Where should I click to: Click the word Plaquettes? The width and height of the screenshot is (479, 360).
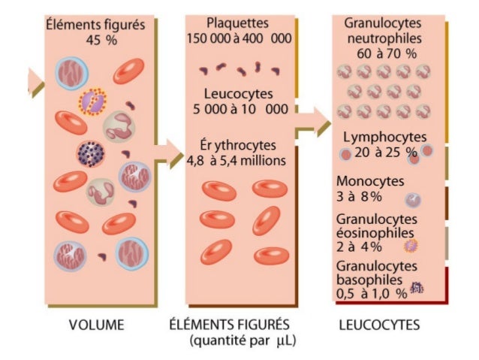point(237,23)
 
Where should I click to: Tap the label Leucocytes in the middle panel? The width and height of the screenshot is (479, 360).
point(238,94)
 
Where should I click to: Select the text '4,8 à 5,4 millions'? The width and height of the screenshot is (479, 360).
point(236,161)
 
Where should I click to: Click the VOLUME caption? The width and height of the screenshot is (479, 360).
point(97,325)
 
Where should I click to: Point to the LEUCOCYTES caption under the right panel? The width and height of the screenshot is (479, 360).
point(379,325)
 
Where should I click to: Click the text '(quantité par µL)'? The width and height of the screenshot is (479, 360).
point(243,340)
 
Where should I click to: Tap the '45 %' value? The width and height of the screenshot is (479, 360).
point(101,40)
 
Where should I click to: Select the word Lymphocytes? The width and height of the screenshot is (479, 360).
point(385,137)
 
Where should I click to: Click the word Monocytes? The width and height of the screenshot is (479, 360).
point(370,181)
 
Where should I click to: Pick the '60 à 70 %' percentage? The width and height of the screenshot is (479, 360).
point(387,54)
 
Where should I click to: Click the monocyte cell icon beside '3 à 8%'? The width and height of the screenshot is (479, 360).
point(413,201)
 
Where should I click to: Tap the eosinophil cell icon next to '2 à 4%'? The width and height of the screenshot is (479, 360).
point(411,246)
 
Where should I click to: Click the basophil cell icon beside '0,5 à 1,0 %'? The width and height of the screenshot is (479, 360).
point(417,288)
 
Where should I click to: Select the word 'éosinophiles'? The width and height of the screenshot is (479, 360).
point(375,233)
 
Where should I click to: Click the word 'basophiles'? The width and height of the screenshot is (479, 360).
point(369,280)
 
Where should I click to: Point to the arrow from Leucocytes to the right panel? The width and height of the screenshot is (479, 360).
point(314,122)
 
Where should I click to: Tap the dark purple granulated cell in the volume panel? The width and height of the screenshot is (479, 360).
point(90,154)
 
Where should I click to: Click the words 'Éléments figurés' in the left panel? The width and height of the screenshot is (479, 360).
point(95,25)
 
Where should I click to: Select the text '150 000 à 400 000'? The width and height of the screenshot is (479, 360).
point(239,39)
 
